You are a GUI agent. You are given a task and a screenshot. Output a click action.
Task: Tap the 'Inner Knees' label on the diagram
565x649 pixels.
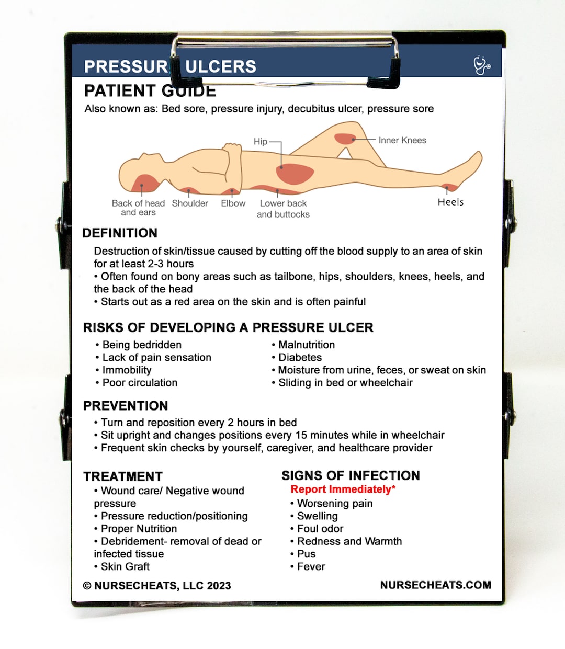click(x=402, y=140)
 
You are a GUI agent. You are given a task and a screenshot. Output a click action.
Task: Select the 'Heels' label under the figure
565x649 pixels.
click(x=450, y=202)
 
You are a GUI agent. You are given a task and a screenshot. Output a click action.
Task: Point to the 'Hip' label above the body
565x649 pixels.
click(x=261, y=141)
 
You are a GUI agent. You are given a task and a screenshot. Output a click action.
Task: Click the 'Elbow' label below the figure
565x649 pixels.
click(x=233, y=203)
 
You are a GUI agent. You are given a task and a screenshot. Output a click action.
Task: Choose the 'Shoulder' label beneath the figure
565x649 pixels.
click(x=190, y=203)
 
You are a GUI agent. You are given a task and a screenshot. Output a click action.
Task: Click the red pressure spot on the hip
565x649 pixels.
click(x=295, y=173)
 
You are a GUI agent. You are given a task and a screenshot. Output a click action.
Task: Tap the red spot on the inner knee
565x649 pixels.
click(x=345, y=139)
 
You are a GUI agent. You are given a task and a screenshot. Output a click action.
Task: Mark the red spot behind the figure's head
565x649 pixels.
click(x=142, y=184)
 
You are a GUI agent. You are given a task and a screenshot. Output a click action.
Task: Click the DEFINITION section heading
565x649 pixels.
click(x=120, y=233)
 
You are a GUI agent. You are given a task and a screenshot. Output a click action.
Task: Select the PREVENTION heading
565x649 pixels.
click(x=126, y=406)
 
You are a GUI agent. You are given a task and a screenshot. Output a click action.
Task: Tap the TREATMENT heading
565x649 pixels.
click(x=123, y=476)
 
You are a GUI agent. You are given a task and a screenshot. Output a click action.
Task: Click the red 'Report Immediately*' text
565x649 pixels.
click(x=343, y=489)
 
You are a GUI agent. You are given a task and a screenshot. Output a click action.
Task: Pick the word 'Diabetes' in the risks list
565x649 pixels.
click(x=300, y=358)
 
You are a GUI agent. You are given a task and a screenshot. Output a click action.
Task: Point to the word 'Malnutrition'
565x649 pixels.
click(x=307, y=345)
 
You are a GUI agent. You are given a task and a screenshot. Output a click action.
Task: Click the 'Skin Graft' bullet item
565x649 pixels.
click(x=125, y=567)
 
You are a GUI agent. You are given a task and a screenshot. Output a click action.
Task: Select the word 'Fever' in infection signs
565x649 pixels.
click(x=311, y=567)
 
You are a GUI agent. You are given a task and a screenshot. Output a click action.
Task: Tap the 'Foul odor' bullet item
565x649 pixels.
click(x=320, y=529)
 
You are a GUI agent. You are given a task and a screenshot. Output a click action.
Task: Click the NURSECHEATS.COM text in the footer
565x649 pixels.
click(x=435, y=585)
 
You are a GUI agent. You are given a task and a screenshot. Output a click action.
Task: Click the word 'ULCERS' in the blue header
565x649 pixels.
click(x=221, y=67)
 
